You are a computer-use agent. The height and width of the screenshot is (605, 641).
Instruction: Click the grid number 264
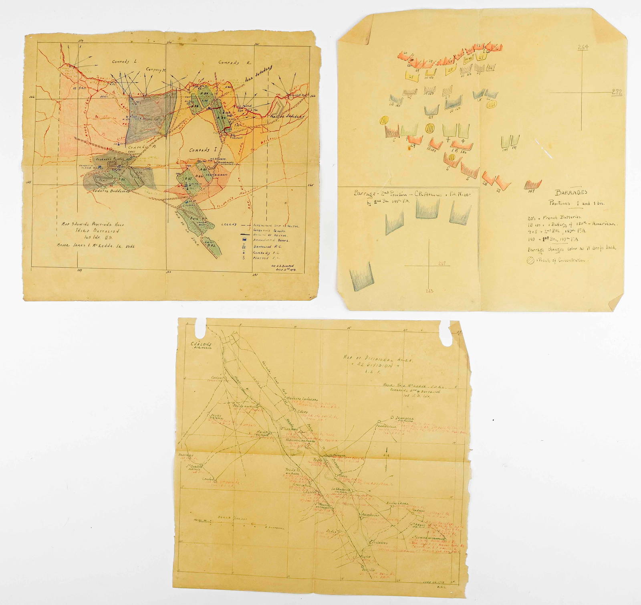pos(583,47)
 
